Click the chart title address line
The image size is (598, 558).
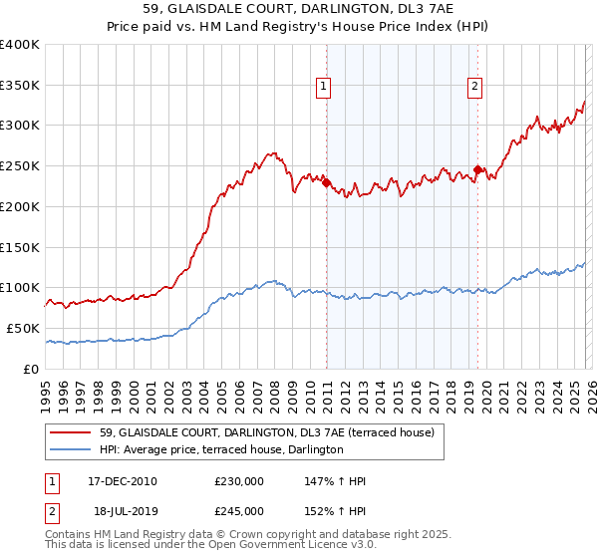tap(299, 10)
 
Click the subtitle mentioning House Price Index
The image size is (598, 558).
tap(299, 28)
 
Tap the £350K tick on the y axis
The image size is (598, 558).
tap(20, 85)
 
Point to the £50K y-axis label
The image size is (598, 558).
tap(23, 328)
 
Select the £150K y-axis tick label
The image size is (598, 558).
tap(20, 247)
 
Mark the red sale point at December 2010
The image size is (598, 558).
tap(326, 182)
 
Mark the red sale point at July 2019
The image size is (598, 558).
tap(477, 170)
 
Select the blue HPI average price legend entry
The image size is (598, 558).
tap(221, 450)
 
